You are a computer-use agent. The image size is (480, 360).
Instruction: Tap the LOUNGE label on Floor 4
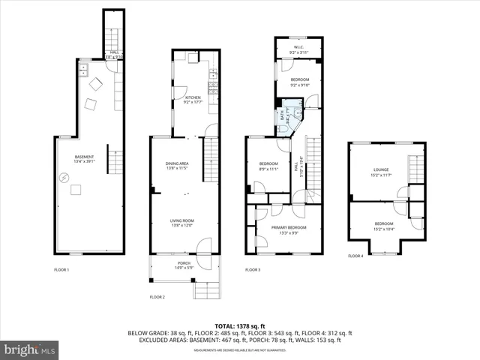381,172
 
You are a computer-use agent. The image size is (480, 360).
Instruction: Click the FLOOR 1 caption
61,269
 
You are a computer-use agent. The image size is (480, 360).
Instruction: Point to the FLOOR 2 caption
157,298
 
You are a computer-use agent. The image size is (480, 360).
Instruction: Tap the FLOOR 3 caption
253,269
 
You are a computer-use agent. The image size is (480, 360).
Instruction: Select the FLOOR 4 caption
355,256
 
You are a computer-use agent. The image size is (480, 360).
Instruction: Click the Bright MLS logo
30,349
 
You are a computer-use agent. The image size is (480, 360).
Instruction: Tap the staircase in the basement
115,159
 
